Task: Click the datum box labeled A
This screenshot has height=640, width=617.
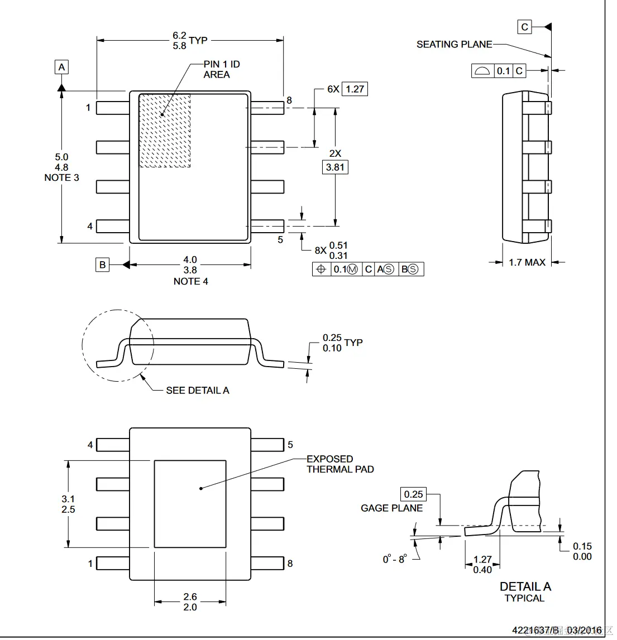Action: [62, 67]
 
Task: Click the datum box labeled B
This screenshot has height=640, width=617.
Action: [102, 264]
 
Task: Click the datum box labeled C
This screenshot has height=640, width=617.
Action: [524, 27]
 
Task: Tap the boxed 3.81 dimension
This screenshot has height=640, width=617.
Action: [335, 167]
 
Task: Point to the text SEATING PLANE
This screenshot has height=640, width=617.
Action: [454, 44]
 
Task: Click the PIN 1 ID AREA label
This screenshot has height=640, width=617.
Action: [221, 69]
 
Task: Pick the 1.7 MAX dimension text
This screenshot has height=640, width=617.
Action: [527, 262]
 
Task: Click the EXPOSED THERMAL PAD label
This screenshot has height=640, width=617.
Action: [339, 464]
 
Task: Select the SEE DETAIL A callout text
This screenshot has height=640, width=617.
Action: [197, 391]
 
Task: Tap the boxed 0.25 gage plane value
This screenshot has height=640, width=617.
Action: [413, 494]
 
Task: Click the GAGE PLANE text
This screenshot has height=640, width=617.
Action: [391, 508]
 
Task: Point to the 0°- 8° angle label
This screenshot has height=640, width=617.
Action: [394, 559]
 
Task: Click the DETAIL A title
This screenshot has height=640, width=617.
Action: [525, 586]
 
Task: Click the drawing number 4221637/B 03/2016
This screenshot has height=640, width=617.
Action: [557, 630]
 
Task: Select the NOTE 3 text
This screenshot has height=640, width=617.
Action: [61, 177]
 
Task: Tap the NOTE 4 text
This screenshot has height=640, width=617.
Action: [190, 281]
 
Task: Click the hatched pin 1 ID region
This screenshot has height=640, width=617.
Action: [165, 131]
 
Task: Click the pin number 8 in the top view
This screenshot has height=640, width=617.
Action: [289, 100]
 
